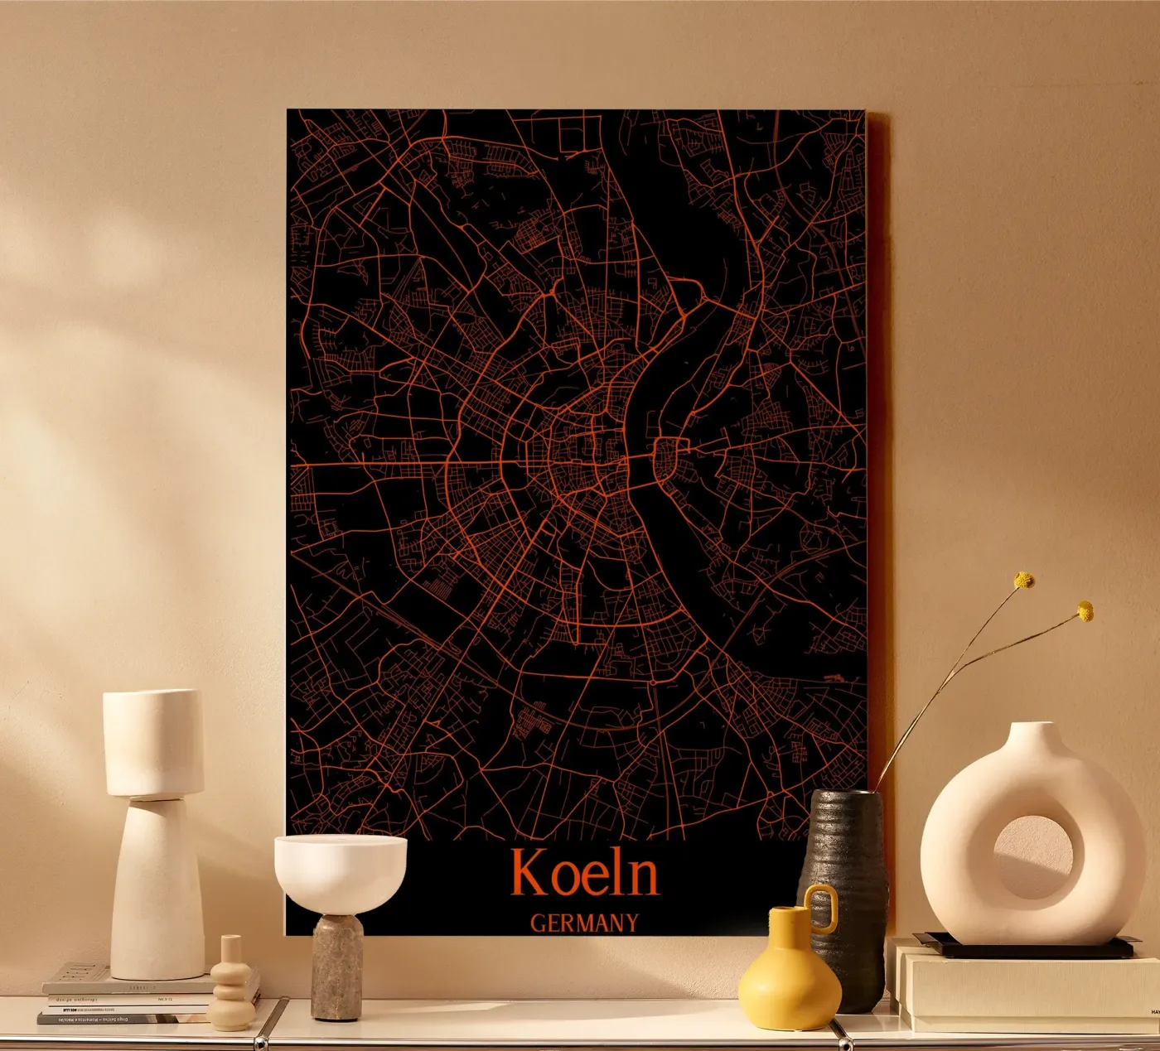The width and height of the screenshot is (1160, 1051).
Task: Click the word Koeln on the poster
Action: click(x=584, y=873)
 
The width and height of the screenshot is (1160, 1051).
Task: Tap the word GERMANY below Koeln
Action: click(x=584, y=923)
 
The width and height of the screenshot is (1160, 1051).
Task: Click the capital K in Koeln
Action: click(x=527, y=873)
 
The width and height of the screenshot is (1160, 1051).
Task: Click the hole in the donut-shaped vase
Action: click(x=1032, y=857)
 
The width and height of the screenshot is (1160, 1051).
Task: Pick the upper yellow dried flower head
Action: click(x=1025, y=581)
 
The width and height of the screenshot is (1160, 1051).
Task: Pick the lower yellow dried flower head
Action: click(x=1085, y=612)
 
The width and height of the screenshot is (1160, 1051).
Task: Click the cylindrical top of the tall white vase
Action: click(x=153, y=742)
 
